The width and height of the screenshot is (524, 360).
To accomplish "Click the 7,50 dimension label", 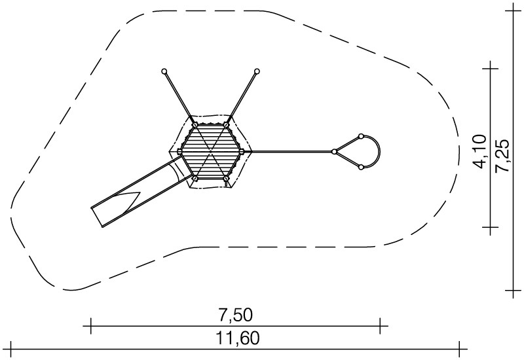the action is pos(235,315).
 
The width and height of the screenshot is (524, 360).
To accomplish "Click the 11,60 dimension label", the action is pos(238,338).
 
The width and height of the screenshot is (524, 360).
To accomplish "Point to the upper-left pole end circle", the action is pos(164,71).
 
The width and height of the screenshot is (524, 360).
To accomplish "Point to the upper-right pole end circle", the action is pos(257,71).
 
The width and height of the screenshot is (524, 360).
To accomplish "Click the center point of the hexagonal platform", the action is pos(210,152).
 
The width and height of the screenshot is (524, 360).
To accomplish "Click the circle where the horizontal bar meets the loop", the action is pos(334,152).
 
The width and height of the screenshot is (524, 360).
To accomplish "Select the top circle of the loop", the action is pos(361,136).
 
